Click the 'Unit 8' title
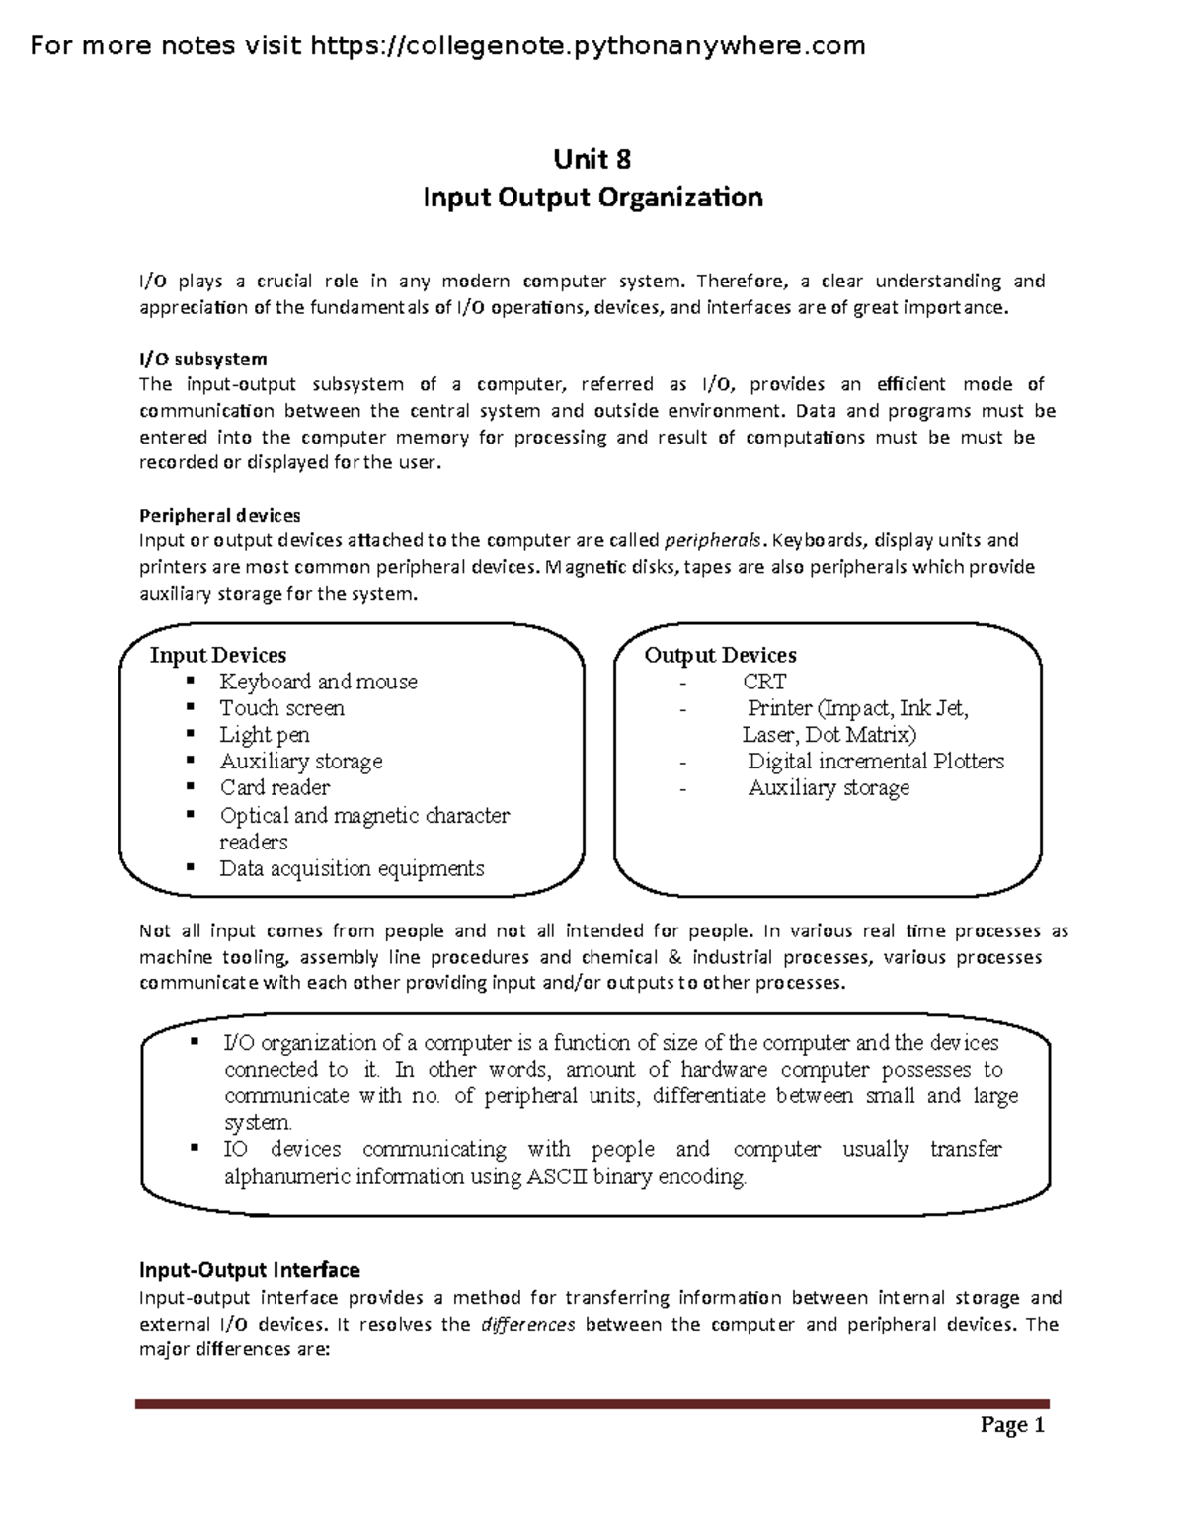592,159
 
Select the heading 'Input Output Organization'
592,198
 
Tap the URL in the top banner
588,45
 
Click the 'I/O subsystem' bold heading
202,359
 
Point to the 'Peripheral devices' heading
219,515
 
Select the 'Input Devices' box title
217,655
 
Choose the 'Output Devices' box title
720,655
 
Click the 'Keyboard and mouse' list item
318,682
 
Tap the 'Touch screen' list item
281,708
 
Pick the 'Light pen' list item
264,735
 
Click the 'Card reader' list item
275,788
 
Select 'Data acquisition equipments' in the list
352,868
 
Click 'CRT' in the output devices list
764,682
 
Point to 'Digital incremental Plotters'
875,762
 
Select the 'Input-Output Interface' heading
249,1269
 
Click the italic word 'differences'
527,1324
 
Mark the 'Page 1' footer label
1012,1425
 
